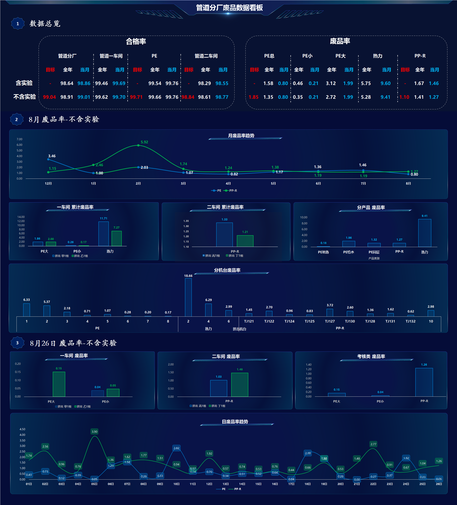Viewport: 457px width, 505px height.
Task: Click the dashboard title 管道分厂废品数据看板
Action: [229, 8]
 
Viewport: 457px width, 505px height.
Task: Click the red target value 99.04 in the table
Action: [49, 97]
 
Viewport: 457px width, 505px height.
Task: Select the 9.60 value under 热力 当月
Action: [385, 83]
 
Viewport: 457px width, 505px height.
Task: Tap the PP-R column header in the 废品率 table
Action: [420, 56]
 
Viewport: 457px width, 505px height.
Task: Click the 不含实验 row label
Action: [25, 97]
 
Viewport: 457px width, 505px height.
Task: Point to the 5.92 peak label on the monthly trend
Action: [144, 142]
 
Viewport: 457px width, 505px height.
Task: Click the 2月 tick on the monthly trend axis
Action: [138, 184]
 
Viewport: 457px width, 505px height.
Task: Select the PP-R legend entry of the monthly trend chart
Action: [230, 191]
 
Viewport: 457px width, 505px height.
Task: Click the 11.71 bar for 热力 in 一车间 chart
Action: [104, 234]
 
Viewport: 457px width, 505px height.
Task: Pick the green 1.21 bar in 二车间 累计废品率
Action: [245, 241]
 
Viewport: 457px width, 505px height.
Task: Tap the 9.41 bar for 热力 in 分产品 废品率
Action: [425, 233]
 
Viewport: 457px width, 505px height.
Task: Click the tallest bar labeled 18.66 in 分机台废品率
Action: [188, 297]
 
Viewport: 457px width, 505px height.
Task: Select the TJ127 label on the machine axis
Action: [330, 321]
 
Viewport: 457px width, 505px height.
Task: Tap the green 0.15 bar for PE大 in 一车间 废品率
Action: [59, 384]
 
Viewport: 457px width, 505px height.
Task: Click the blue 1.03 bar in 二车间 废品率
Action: [219, 389]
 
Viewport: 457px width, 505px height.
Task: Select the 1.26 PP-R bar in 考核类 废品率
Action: [424, 382]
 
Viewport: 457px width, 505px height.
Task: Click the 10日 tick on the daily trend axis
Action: [176, 484]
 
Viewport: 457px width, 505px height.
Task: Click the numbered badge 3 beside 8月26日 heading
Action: [17, 343]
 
